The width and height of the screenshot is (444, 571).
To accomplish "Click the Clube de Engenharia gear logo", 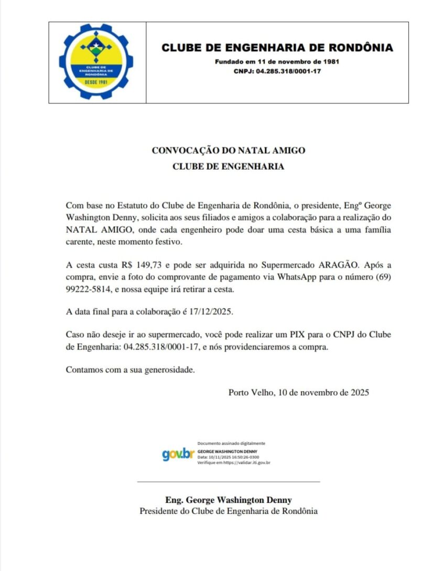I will pos(96,62).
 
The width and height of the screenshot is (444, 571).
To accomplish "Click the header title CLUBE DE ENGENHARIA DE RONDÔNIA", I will pos(277,48).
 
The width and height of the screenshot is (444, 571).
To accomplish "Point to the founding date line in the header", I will pos(277,62).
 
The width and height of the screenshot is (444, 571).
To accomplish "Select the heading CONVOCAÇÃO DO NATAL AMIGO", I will pos(228,150).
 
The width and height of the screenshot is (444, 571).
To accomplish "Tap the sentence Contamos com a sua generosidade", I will pos(130,370).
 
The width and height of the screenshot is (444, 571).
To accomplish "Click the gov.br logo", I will pos(178,454).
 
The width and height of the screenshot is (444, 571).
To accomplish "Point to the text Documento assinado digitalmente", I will pos(231,444).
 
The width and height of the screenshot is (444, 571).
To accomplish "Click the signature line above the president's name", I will pos(228,481).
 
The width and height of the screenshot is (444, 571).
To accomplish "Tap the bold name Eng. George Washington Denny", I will pos(228,500).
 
